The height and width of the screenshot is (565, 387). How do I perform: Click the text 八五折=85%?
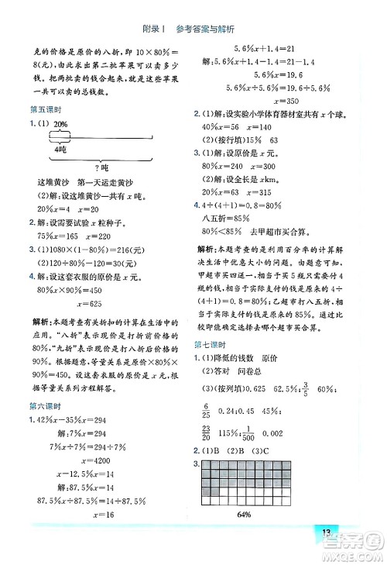pos(226,219)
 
